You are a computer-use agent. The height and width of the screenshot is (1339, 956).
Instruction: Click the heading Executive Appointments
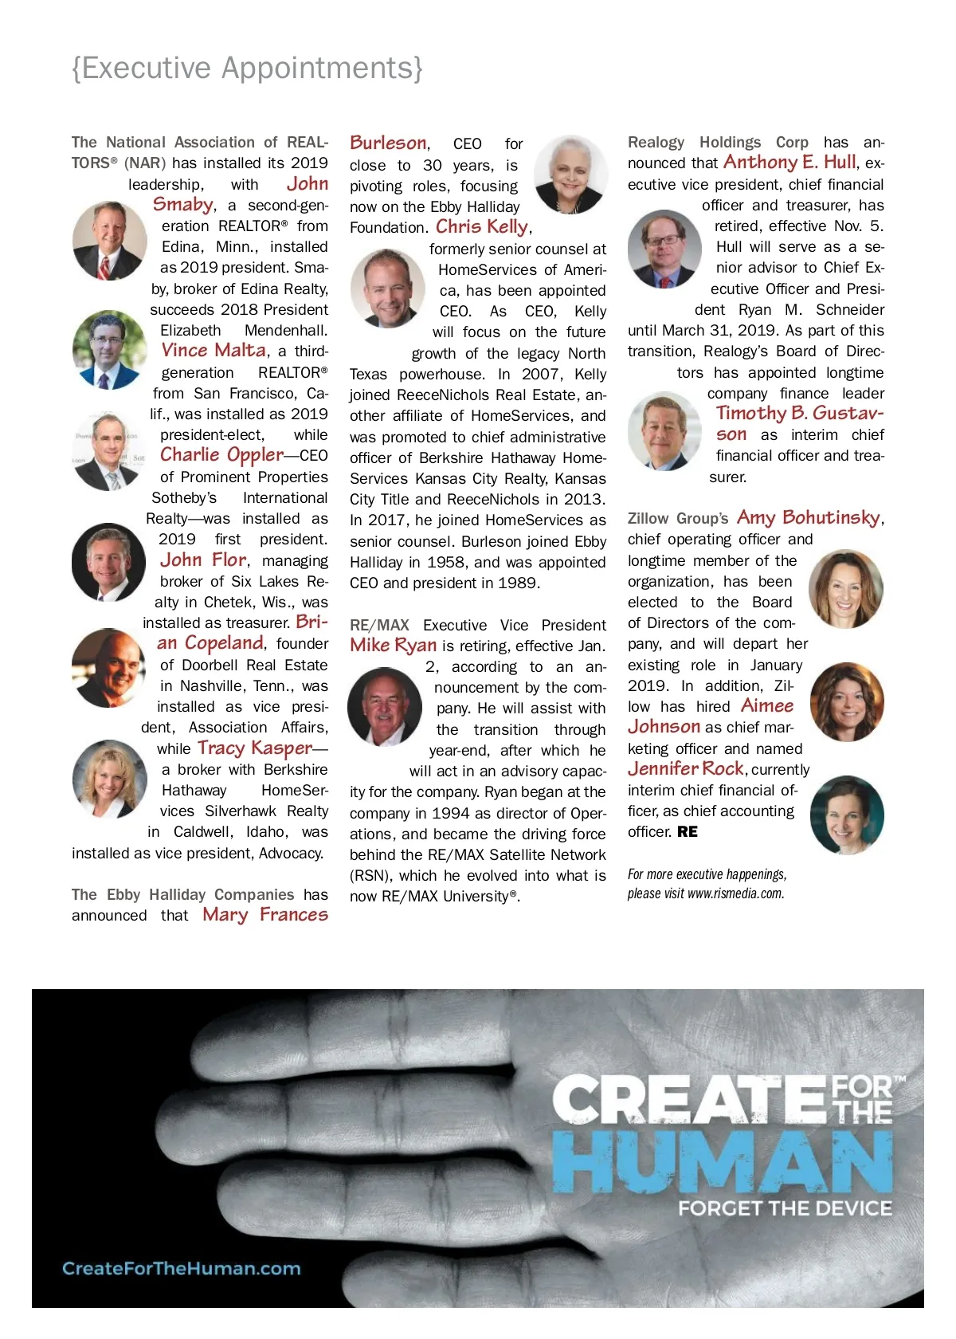pyautogui.click(x=247, y=69)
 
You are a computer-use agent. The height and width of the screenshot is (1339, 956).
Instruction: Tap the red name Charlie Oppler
pyautogui.click(x=221, y=455)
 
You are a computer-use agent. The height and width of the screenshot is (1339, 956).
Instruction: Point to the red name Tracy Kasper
pyautogui.click(x=255, y=748)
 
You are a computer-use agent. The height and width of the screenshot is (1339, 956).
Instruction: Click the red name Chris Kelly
pyautogui.click(x=482, y=227)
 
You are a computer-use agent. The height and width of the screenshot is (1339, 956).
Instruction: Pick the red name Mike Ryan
pyautogui.click(x=393, y=646)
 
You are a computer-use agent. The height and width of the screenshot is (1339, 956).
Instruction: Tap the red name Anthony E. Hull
pyautogui.click(x=789, y=163)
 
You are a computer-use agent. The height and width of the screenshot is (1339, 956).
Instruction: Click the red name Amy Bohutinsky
pyautogui.click(x=808, y=518)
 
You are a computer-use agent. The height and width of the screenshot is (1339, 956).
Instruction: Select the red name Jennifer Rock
pyautogui.click(x=685, y=769)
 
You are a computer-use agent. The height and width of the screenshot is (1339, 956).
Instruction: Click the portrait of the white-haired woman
pyautogui.click(x=570, y=174)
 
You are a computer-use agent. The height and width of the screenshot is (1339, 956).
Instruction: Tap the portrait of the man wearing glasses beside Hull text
pyautogui.click(x=664, y=249)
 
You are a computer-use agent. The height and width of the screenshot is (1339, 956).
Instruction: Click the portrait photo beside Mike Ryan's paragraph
pyautogui.click(x=385, y=706)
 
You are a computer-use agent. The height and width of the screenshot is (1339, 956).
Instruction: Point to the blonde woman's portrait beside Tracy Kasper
pyautogui.click(x=109, y=779)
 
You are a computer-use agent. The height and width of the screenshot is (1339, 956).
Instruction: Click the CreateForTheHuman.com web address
pyautogui.click(x=182, y=1268)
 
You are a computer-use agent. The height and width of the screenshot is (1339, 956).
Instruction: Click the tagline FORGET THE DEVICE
pyautogui.click(x=785, y=1208)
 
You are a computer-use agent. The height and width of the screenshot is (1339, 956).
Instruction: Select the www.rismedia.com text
pyautogui.click(x=735, y=893)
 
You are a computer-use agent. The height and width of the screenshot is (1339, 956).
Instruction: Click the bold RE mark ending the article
pyautogui.click(x=688, y=832)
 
